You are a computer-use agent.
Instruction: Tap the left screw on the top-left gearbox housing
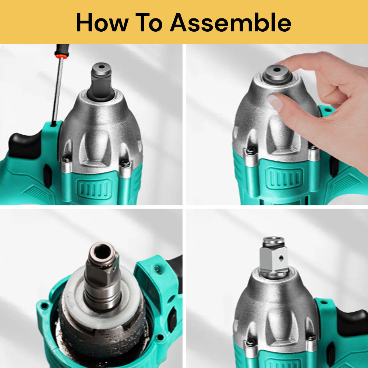click(66, 159)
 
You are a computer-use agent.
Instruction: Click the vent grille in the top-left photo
click(93, 188)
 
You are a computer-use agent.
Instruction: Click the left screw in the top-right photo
click(251, 151)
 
